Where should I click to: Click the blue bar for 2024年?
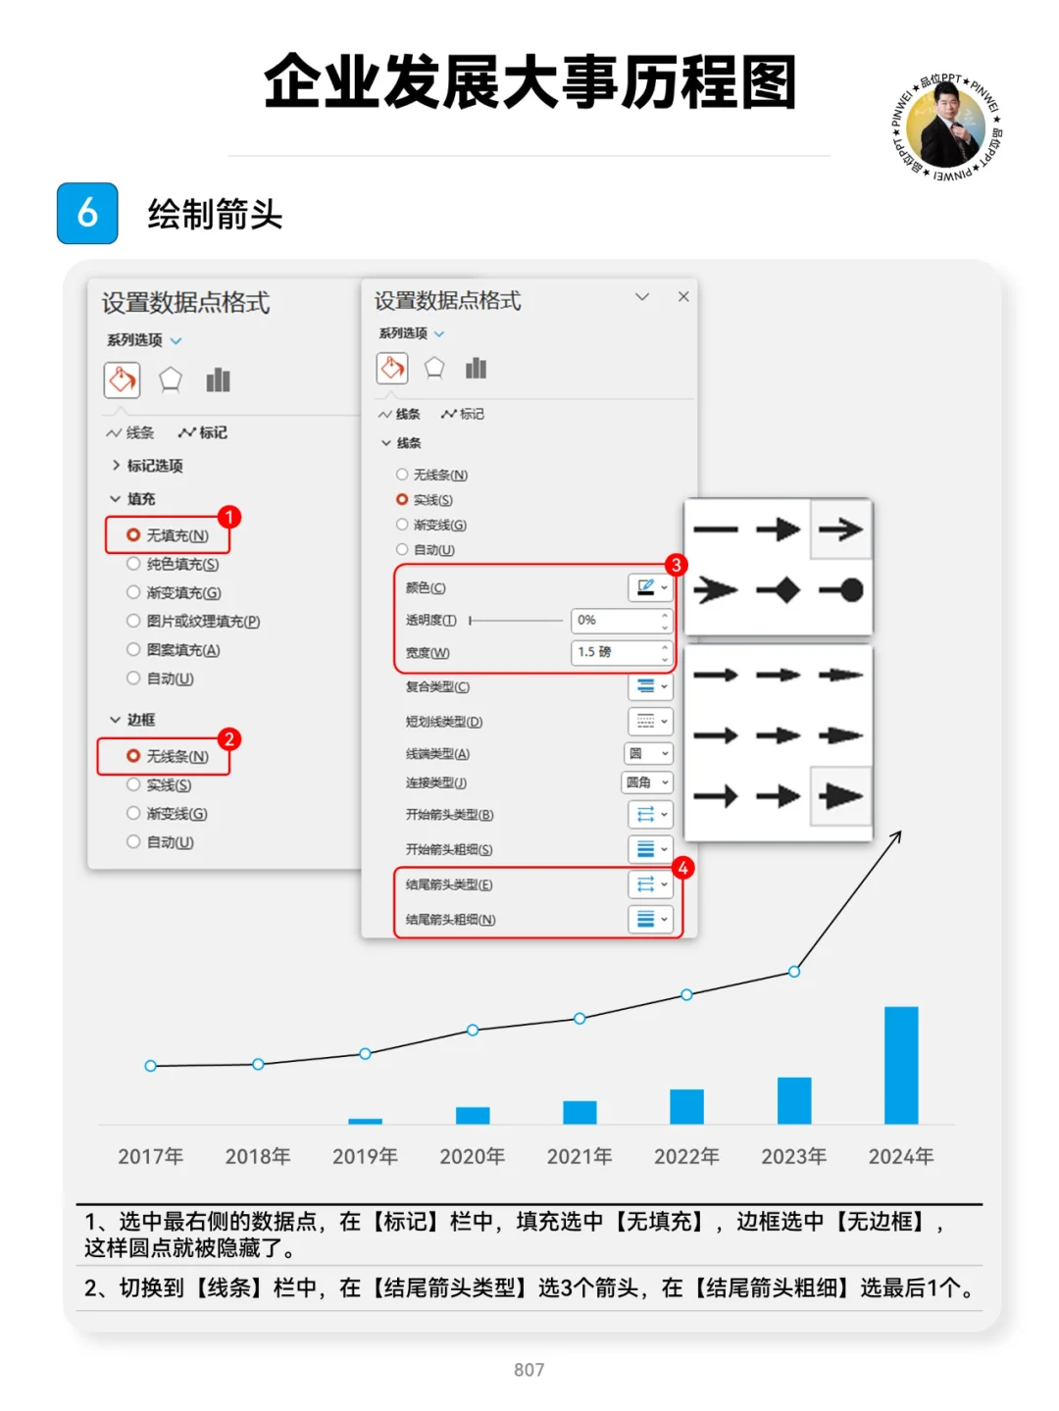901,1065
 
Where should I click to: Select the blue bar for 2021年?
580,1112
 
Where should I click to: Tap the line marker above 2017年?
150,1066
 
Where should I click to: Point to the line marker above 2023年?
794,972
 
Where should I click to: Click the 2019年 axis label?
365,1157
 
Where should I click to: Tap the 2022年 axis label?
686,1157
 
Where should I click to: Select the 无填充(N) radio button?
133,535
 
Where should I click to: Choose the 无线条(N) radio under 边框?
133,756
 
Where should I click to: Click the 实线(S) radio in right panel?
402,500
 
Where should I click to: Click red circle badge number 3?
676,565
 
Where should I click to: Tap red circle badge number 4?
682,868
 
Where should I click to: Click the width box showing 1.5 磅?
620,652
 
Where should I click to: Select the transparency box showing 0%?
620,620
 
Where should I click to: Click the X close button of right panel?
683,296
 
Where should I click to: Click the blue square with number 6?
87,213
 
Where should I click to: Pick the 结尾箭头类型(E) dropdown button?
650,884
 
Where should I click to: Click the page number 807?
529,1370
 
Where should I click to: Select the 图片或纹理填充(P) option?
133,621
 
